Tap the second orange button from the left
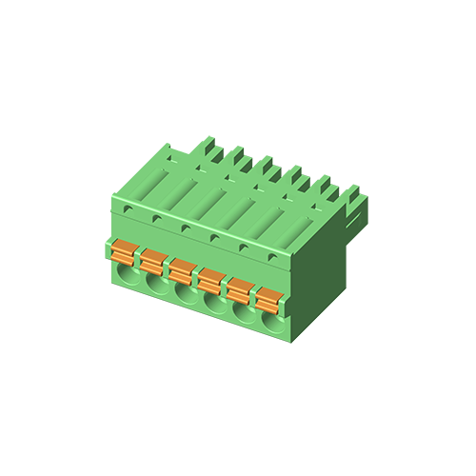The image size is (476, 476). click(x=152, y=259)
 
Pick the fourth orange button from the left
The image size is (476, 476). click(x=211, y=279)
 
